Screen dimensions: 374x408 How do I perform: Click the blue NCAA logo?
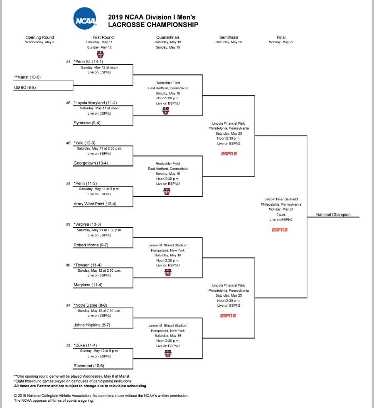coord(85,18)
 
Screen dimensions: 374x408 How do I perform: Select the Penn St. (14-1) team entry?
coord(88,61)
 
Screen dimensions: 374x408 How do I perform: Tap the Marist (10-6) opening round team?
coord(27,77)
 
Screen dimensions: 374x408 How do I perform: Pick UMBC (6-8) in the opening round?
coord(25,87)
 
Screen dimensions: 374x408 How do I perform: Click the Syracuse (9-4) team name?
coord(87,123)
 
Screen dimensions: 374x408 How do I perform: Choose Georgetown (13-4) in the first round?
coord(91,163)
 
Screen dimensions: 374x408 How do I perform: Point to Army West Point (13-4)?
coord(95,204)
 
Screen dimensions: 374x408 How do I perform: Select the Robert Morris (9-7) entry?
coord(91,245)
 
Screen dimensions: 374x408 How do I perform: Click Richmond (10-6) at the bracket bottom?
coord(89,366)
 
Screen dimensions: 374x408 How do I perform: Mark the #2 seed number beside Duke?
coord(68,346)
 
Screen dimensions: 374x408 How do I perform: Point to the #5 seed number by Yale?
coord(68,143)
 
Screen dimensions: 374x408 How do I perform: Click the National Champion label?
coord(333,215)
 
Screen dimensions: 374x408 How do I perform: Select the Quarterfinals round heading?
coord(168,37)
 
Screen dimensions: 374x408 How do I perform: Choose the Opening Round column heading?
coord(39,37)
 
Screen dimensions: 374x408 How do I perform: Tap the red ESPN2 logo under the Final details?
coord(280,230)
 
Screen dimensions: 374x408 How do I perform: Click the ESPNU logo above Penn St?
coord(100,54)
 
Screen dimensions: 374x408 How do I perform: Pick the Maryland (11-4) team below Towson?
coord(88,285)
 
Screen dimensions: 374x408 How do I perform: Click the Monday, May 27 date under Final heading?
coord(281,42)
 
